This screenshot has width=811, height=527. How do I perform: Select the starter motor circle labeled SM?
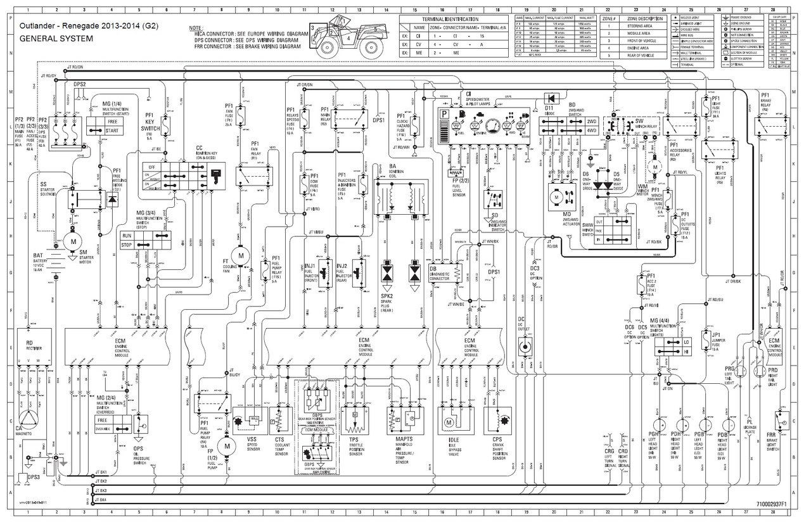click(x=73, y=242)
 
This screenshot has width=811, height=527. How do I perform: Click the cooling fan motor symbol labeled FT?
click(x=240, y=255)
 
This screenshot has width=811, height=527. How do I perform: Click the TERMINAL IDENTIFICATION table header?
click(x=454, y=20)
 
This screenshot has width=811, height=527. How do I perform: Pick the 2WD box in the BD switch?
click(x=592, y=121)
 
